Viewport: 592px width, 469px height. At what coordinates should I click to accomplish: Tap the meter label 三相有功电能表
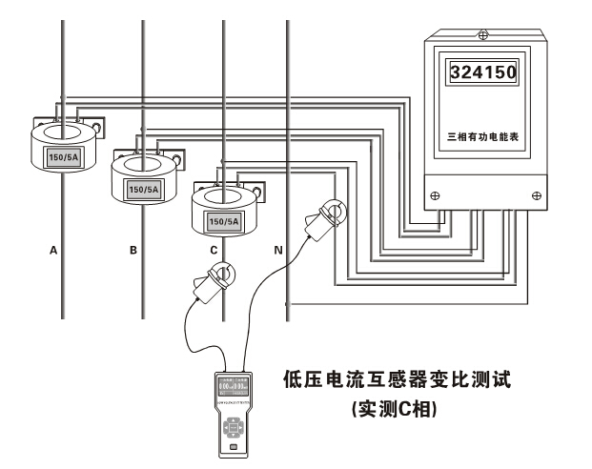[x=484, y=137]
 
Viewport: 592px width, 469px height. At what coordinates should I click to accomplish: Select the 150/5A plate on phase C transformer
[x=222, y=221]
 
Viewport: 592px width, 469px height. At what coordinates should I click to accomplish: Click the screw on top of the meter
[x=483, y=35]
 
